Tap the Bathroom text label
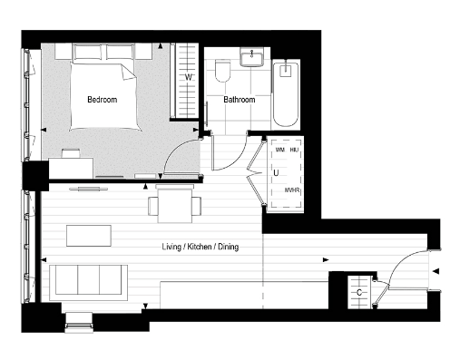[240, 100]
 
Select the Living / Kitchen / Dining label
[201, 246]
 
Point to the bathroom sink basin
[250, 59]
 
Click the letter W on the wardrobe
[188, 78]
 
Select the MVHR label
[292, 191]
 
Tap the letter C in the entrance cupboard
[360, 293]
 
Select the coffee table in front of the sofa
[88, 235]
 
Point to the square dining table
[175, 204]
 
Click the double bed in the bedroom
[101, 90]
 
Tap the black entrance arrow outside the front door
[437, 272]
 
